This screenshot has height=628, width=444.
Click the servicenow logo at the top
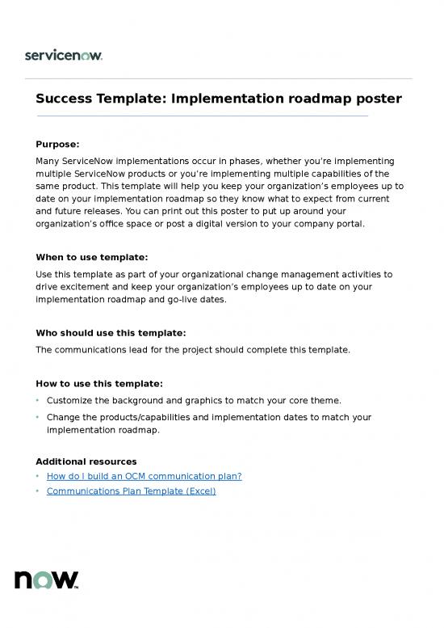(x=64, y=55)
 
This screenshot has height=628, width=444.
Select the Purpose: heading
(x=57, y=145)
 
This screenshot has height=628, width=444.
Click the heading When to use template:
(x=90, y=257)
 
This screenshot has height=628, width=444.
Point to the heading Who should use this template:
(x=111, y=332)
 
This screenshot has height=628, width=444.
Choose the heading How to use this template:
(x=99, y=383)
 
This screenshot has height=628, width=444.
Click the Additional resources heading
(x=86, y=461)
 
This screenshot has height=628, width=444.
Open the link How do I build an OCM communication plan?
(x=144, y=476)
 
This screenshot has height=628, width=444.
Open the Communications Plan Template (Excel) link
(x=131, y=491)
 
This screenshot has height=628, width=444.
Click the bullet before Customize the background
(x=38, y=400)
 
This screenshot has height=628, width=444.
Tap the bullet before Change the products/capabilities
(x=38, y=417)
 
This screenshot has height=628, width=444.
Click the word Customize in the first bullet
(x=72, y=400)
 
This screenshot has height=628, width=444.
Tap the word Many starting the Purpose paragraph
(x=48, y=161)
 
